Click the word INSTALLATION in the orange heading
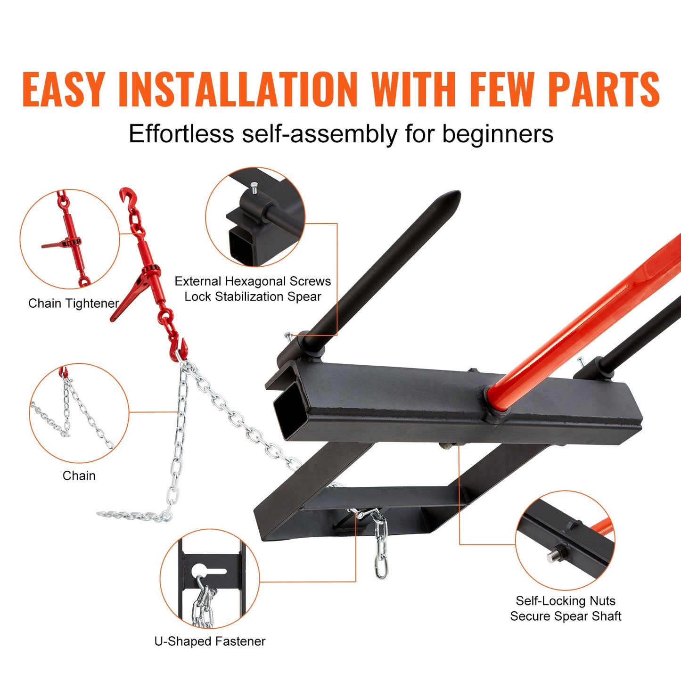(x=238, y=89)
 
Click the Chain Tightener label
(x=73, y=304)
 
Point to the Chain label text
(x=79, y=476)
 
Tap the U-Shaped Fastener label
(x=210, y=641)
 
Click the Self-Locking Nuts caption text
(x=566, y=601)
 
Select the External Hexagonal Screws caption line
(x=253, y=281)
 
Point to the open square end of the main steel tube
(x=288, y=407)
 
